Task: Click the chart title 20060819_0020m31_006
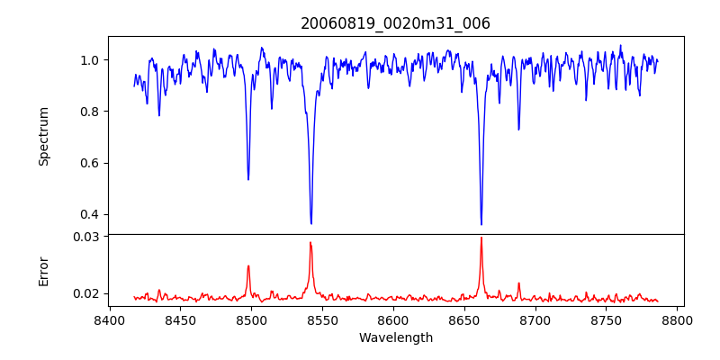[395, 23]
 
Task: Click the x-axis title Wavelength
[395, 337]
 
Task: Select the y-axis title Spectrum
[43, 136]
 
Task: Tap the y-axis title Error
[43, 271]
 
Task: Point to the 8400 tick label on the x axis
[109, 319]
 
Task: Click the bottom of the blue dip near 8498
[248, 179]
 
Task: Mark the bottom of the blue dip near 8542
[311, 223]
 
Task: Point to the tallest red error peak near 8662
[481, 238]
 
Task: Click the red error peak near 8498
[248, 266]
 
